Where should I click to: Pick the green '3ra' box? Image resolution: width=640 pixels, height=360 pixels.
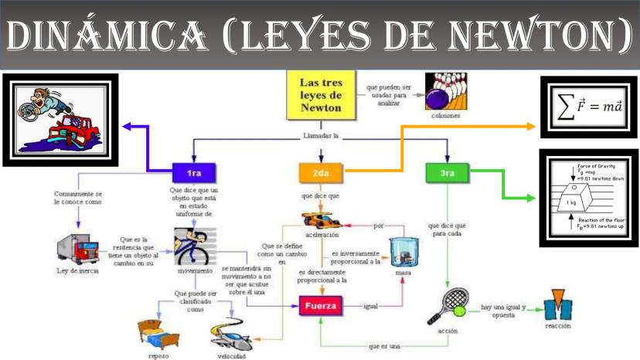coord(447,173)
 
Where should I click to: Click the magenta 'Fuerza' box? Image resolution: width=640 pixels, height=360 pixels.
coord(320,306)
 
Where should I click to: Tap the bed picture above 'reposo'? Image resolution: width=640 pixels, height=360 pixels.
coord(156,332)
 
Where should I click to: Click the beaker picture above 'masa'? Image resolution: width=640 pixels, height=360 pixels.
coord(402,252)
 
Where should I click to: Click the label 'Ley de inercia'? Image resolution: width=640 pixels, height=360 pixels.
coord(78,271)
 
